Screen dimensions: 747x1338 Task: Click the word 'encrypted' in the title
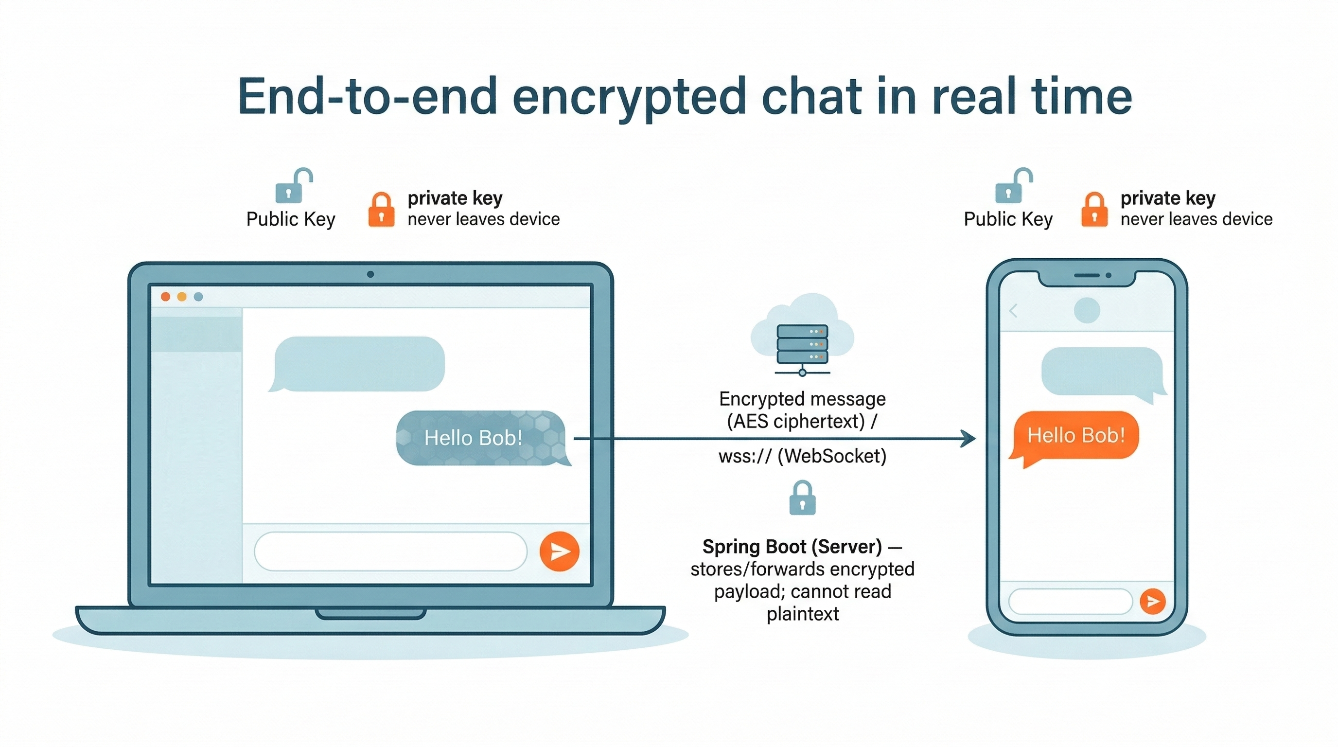629,97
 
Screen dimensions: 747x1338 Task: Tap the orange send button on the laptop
559,551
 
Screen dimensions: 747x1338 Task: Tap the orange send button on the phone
1153,601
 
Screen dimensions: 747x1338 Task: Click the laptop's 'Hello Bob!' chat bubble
480,438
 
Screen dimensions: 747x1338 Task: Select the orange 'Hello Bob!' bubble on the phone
1075,435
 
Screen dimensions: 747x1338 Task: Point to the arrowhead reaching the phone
968,439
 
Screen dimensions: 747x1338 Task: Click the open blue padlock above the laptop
291,187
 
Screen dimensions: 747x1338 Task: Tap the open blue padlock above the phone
1011,187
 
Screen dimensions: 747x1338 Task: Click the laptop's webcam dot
370,274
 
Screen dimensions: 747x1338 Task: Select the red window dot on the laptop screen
166,297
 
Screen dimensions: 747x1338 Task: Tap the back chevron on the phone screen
1013,311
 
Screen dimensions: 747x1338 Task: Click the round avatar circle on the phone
1087,311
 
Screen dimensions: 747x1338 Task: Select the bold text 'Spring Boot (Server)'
792,547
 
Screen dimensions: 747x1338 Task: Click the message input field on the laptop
390,551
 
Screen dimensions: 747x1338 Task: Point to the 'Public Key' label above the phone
1008,219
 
